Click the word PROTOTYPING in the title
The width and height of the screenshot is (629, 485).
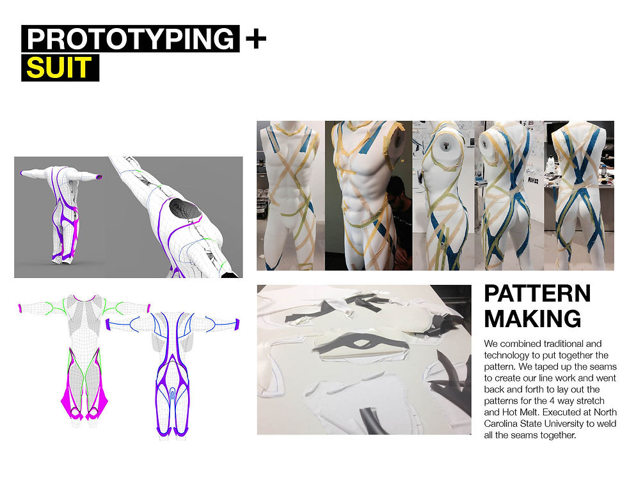coord(131,39)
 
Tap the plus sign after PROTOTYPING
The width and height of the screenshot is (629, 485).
coord(255,39)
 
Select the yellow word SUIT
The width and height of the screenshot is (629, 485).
coord(59,68)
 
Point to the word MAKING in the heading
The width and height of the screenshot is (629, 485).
coord(532,319)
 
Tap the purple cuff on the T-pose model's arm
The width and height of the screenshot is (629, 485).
coord(99,176)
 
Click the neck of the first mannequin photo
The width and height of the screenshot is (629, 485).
coord(291,125)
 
